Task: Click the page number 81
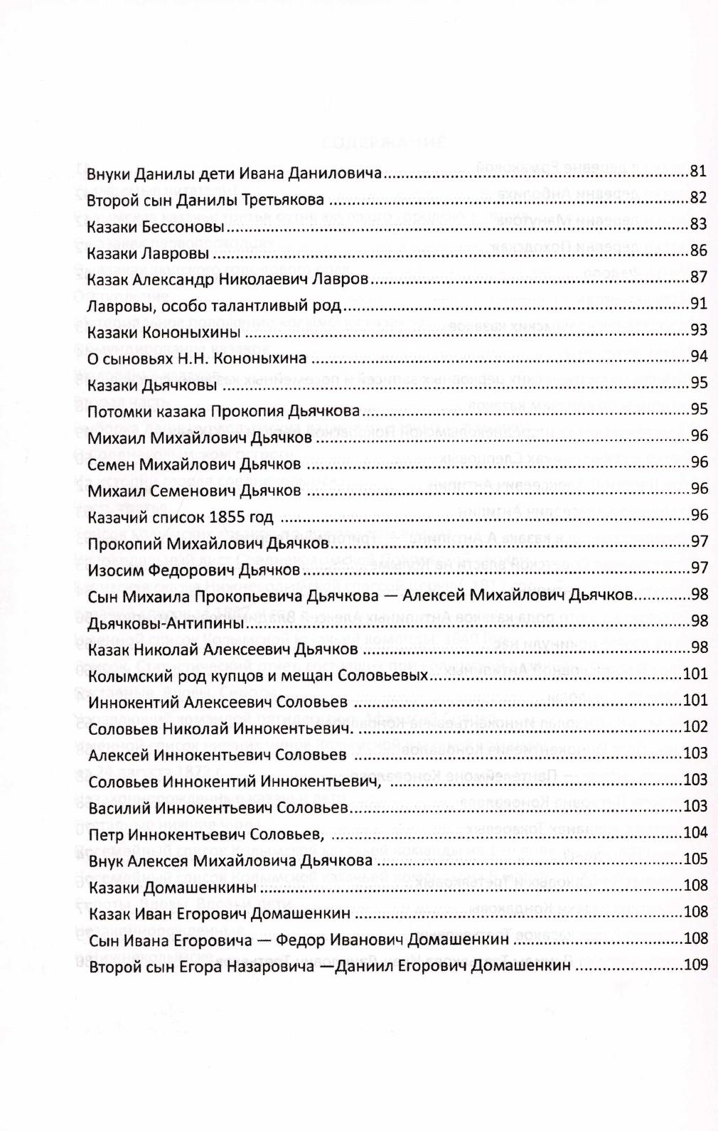(698, 171)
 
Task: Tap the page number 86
(698, 250)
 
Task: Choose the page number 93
(698, 330)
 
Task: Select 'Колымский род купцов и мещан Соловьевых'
(257, 675)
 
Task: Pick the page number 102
(695, 727)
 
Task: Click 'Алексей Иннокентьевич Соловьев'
(217, 754)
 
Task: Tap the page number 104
(695, 832)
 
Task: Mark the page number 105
(695, 859)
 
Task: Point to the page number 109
(695, 965)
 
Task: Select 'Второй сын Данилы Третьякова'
(205, 200)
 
